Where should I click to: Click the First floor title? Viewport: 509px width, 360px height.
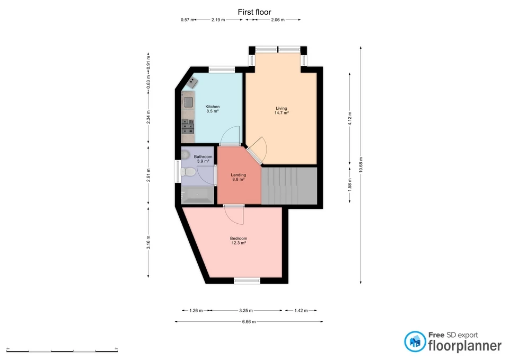click(254, 12)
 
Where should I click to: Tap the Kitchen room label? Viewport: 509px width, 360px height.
click(213, 109)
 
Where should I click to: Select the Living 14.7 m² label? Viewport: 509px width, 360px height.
click(281, 110)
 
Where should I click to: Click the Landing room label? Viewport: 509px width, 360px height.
click(238, 177)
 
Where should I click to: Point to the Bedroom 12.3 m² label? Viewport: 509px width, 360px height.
click(238, 241)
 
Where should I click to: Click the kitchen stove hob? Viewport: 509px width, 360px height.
click(188, 125)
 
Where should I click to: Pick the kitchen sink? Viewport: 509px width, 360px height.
click(188, 101)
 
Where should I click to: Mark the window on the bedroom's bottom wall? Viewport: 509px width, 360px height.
click(247, 280)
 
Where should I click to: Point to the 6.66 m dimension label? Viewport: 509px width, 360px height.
click(249, 321)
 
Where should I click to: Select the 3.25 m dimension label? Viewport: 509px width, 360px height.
click(245, 311)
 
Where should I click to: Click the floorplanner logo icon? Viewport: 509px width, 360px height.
click(415, 342)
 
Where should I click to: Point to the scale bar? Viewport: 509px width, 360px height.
click(62, 350)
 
